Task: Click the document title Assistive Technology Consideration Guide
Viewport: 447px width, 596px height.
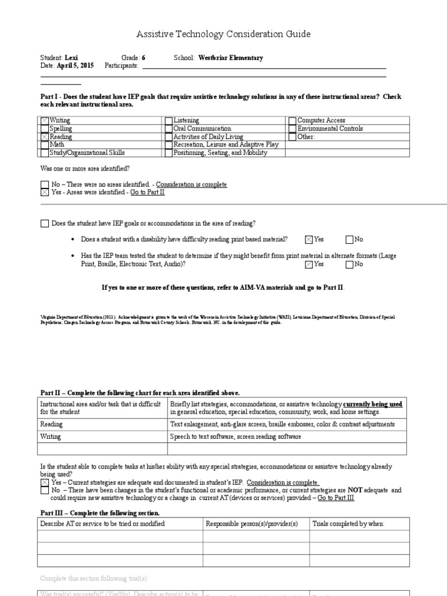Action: click(223, 34)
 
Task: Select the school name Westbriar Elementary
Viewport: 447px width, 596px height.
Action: click(230, 58)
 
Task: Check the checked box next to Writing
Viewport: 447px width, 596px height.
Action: click(45, 120)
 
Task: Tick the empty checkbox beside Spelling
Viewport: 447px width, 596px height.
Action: click(45, 129)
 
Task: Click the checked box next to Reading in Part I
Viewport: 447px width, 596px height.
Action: click(45, 137)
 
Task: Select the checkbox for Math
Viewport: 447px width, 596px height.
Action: click(45, 145)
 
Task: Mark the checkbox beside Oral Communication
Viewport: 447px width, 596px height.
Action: click(169, 129)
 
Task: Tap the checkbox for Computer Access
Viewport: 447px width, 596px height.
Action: click(293, 120)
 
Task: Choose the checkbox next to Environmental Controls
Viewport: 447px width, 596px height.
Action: click(293, 129)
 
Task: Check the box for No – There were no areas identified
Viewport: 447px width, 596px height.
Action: click(45, 185)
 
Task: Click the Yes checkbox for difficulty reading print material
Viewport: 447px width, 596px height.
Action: click(308, 239)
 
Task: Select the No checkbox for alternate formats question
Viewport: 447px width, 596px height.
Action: click(349, 264)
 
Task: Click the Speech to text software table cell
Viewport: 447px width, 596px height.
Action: click(235, 437)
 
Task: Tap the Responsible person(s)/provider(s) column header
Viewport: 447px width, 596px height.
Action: click(251, 524)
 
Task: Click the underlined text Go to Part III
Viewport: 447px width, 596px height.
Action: click(336, 498)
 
